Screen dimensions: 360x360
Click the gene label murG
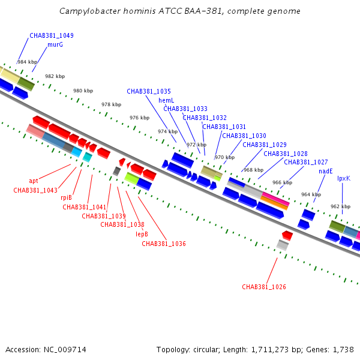click(x=55, y=44)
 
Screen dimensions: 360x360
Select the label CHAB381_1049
click(x=52, y=35)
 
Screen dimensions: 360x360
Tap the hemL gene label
click(x=166, y=100)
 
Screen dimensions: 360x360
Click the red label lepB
click(x=142, y=234)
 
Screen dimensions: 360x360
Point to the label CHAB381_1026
click(x=264, y=287)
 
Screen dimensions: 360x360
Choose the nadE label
click(x=326, y=171)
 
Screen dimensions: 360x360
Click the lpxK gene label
click(x=344, y=179)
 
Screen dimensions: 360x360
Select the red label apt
click(x=33, y=181)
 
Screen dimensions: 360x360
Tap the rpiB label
click(x=66, y=197)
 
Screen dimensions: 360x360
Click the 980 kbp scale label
click(x=83, y=91)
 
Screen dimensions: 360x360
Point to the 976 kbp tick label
click(x=139, y=118)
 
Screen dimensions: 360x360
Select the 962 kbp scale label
click(x=340, y=206)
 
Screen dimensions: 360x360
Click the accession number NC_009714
click(x=65, y=350)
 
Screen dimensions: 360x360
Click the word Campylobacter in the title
click(x=90, y=11)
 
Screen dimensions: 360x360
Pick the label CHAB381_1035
click(x=149, y=91)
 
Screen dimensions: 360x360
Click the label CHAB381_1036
click(x=164, y=244)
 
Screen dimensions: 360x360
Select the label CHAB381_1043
click(x=35, y=190)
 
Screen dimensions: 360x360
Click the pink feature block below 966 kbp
click(x=276, y=198)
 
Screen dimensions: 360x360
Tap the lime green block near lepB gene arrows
click(x=132, y=178)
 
